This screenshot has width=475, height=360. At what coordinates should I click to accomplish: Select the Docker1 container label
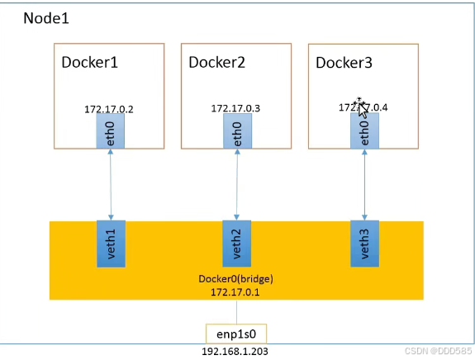pyautogui.click(x=90, y=63)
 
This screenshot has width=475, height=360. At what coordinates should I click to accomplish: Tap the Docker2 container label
pyautogui.click(x=217, y=63)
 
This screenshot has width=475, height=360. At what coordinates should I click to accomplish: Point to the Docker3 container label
pyautogui.click(x=344, y=63)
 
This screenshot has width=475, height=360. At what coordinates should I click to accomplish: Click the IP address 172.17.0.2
pyautogui.click(x=110, y=109)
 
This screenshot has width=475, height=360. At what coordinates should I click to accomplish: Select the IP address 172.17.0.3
pyautogui.click(x=236, y=109)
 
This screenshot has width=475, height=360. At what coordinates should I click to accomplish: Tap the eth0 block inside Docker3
pyautogui.click(x=364, y=132)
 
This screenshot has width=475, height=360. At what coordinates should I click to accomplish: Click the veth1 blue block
pyautogui.click(x=111, y=244)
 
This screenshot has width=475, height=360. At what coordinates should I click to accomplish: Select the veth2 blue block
pyautogui.click(x=237, y=244)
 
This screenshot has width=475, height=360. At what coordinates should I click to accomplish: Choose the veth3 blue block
pyautogui.click(x=364, y=244)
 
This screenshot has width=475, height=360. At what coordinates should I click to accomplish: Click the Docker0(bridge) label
pyautogui.click(x=236, y=279)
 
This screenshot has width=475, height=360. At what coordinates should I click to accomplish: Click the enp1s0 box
pyautogui.click(x=236, y=334)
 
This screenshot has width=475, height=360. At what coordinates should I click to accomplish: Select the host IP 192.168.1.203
pyautogui.click(x=236, y=351)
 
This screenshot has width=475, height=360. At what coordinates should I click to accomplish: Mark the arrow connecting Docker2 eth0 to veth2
pyautogui.click(x=237, y=186)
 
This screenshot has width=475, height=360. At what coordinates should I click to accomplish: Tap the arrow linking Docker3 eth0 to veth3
pyautogui.click(x=364, y=186)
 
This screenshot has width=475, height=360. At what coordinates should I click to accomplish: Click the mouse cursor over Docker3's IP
pyautogui.click(x=361, y=107)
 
